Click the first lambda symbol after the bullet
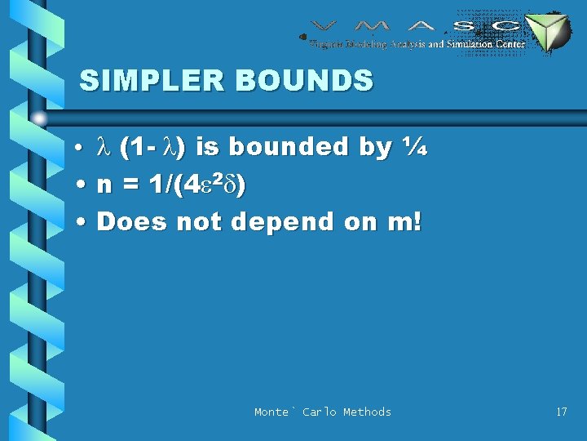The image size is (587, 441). tap(103, 147)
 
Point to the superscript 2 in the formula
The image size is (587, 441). tap(218, 178)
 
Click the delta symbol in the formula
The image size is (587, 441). tap(230, 185)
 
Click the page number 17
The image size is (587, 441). tap(561, 412)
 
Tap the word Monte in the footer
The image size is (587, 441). tap(271, 412)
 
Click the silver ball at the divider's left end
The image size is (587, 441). tap(39, 117)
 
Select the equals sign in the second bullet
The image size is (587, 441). tap(128, 185)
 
